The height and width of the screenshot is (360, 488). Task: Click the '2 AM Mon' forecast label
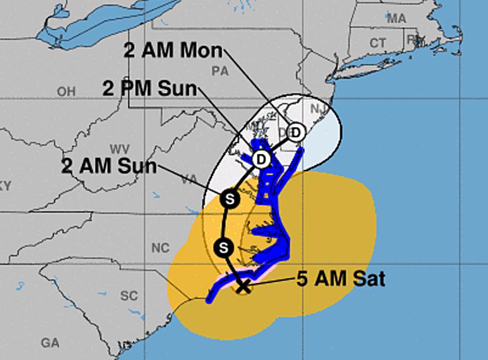tap(173, 51)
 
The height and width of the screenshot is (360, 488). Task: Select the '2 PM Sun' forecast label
tap(149, 89)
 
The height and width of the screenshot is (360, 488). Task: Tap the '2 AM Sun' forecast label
tap(109, 166)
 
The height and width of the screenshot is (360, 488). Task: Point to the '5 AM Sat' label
tap(341, 279)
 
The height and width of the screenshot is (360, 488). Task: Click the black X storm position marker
tap(243, 287)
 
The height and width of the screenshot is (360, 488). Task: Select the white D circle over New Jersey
tap(295, 132)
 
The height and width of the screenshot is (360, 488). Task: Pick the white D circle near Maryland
tap(261, 159)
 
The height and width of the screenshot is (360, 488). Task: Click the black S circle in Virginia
tap(228, 199)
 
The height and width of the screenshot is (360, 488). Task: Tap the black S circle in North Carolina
tap(223, 247)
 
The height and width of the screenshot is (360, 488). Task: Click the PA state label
tap(220, 71)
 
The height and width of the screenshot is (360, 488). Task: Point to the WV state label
tap(119, 148)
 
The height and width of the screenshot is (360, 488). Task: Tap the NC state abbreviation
tap(160, 248)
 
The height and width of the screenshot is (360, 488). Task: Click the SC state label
tap(129, 296)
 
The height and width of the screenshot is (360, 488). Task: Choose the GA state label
tap(50, 343)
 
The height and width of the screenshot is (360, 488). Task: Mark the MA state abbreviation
tap(396, 19)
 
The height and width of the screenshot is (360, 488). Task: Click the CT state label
tap(377, 43)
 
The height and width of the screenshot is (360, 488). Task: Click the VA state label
tap(189, 180)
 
